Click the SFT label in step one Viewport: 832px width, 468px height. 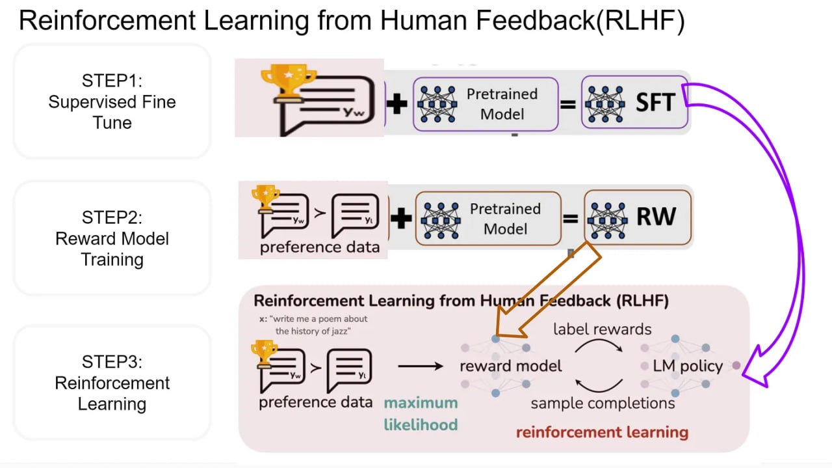655,102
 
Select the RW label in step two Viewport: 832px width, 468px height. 656,217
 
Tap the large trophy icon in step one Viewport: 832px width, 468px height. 288,82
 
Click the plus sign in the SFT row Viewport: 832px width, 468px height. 397,103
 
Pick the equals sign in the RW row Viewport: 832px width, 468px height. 570,218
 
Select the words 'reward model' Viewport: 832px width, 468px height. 510,366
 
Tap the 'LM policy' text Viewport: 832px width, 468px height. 688,366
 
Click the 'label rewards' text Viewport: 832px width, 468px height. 602,329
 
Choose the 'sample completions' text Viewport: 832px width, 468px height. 603,404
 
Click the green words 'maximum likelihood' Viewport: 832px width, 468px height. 421,413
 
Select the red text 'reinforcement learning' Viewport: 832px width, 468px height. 602,432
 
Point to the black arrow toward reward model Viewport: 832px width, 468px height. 420,366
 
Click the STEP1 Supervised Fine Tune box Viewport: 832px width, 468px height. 112,102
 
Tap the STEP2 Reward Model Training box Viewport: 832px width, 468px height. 112,238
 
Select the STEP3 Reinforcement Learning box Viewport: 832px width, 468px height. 112,383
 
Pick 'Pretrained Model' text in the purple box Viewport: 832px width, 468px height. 502,103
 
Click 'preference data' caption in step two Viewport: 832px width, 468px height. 319,247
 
